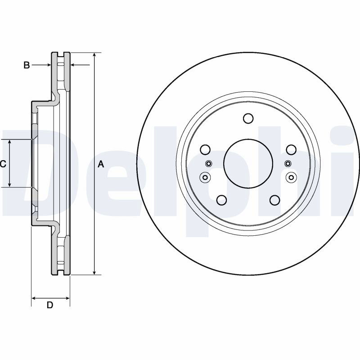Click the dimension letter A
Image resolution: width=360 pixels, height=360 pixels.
pyautogui.click(x=101, y=164)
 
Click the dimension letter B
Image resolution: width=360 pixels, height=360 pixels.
pyautogui.click(x=27, y=65)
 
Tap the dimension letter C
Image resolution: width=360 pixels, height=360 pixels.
pyautogui.click(x=3, y=164)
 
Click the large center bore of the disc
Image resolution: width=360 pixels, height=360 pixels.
pyautogui.click(x=248, y=163)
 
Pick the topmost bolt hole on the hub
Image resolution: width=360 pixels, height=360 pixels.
pyautogui.click(x=248, y=118)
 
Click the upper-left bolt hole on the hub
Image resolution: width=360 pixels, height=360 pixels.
pyautogui.click(x=205, y=149)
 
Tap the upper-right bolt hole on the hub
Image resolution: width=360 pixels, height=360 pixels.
pyautogui.click(x=291, y=149)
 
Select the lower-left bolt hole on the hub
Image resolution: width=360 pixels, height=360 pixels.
pyautogui.click(x=221, y=200)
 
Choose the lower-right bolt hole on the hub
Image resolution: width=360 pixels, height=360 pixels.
pyautogui.click(x=275, y=200)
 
